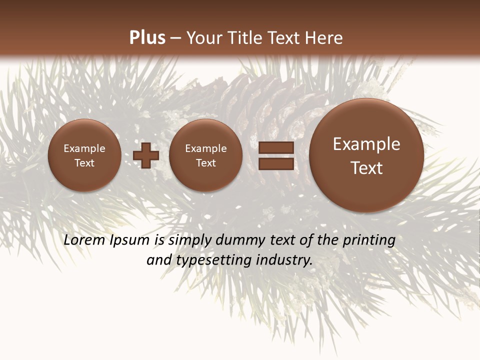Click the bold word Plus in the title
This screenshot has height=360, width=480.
pyautogui.click(x=147, y=37)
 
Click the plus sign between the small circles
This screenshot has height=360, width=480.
pyautogui.click(x=146, y=155)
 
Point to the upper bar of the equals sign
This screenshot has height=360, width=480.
pyautogui.click(x=275, y=147)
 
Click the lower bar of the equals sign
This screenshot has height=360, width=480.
pyautogui.click(x=275, y=163)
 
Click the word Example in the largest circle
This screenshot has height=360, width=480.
pyautogui.click(x=366, y=144)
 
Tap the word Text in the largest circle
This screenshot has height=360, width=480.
pyautogui.click(x=366, y=168)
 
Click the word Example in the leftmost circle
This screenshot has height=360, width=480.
pyautogui.click(x=84, y=148)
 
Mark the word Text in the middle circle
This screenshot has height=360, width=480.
pyautogui.click(x=205, y=163)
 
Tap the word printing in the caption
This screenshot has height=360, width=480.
pyautogui.click(x=369, y=240)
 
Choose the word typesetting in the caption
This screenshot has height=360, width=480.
pyautogui.click(x=213, y=260)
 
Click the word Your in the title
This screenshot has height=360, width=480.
pyautogui.click(x=203, y=37)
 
